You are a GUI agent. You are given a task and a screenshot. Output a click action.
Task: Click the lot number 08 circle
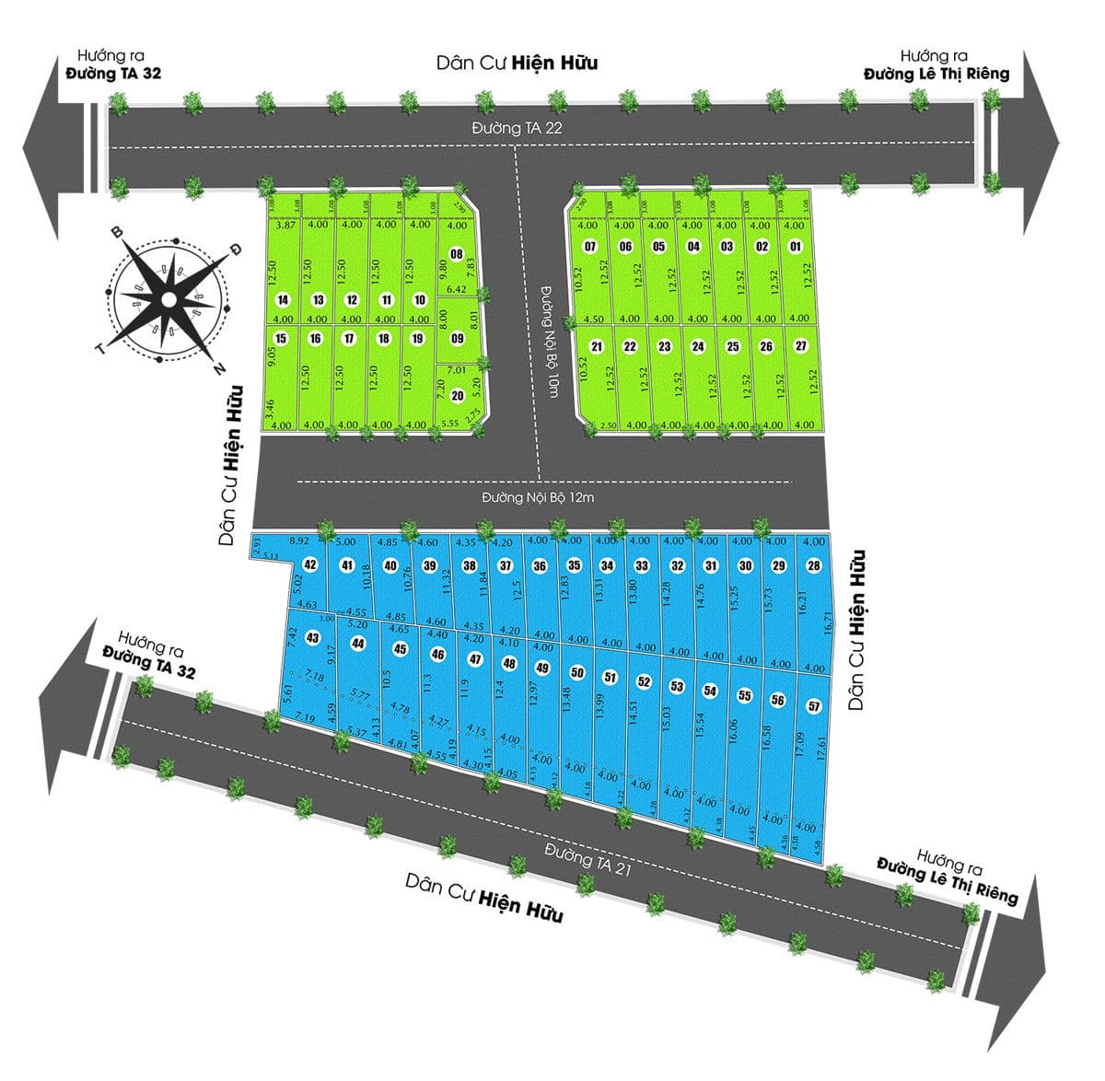(x=455, y=254)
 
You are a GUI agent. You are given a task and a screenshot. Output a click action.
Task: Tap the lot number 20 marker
(x=457, y=396)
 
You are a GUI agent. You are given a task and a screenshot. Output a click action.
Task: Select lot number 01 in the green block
(x=796, y=246)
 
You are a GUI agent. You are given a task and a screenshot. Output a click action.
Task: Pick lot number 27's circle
(x=800, y=346)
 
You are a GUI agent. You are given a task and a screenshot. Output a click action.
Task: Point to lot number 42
(x=310, y=564)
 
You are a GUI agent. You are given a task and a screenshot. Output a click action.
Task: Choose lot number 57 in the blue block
(x=813, y=706)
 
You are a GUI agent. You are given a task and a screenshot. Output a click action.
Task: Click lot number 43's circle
(x=313, y=637)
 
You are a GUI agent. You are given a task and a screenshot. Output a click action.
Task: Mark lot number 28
(x=813, y=565)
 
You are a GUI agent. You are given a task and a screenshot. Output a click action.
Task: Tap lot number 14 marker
(x=283, y=299)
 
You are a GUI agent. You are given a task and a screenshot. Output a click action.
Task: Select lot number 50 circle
(x=577, y=672)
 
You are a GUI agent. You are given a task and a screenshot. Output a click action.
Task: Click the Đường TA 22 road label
(x=516, y=129)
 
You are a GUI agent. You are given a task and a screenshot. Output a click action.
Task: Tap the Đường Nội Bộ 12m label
(x=542, y=497)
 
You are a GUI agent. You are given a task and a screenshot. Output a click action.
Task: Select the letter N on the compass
(x=219, y=368)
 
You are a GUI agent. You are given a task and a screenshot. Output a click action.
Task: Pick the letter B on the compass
(x=117, y=232)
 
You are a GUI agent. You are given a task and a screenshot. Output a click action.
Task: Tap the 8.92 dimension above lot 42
(x=298, y=541)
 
